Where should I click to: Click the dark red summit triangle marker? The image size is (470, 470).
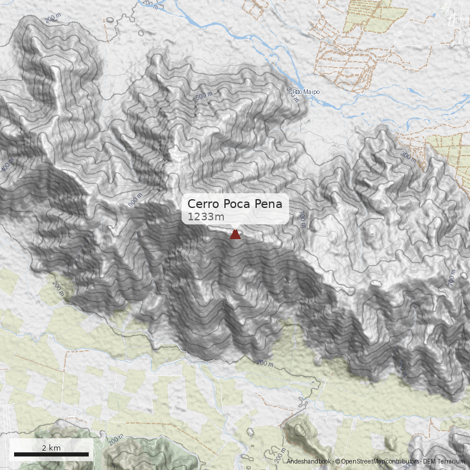(x=235, y=234)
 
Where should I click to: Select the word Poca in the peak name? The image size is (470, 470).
(x=237, y=204)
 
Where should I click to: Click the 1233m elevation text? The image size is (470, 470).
(x=206, y=217)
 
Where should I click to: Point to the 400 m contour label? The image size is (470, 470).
(x=7, y=166)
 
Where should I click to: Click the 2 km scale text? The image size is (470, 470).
(x=51, y=448)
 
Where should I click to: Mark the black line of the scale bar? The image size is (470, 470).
(x=51, y=454)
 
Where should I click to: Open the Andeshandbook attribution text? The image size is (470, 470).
(x=310, y=462)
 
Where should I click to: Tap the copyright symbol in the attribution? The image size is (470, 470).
(x=338, y=462)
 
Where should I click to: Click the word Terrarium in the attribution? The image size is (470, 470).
(x=452, y=462)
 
